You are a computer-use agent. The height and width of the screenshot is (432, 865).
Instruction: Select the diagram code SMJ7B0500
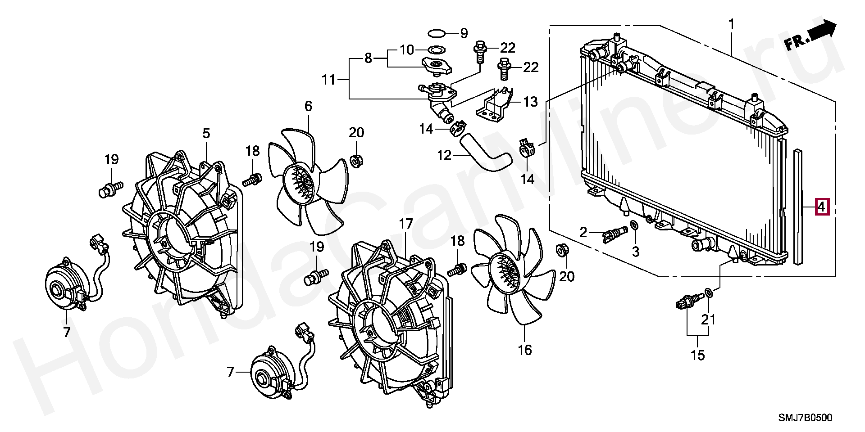pos(806,418)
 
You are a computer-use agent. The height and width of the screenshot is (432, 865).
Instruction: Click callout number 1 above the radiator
pos(732,24)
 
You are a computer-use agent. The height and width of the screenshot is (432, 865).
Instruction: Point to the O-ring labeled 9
pos(437,33)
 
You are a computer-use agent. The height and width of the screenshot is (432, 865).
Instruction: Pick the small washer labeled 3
pos(634,225)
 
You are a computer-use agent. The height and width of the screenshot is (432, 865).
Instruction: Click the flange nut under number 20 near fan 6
pos(357,160)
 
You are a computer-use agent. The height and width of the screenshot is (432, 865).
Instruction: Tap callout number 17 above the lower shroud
pos(405,224)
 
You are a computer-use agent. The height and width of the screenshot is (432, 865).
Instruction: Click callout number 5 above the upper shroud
pos(206,133)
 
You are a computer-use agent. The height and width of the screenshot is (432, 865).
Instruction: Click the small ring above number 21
pos(708,294)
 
